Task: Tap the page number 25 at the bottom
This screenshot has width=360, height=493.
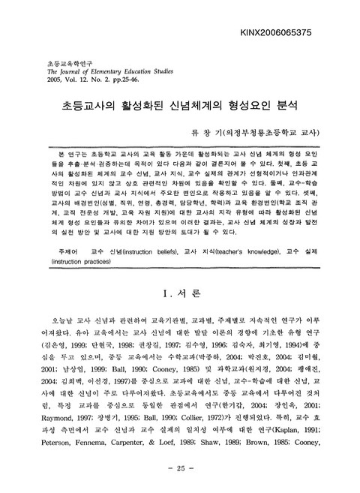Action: click(x=180, y=470)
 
